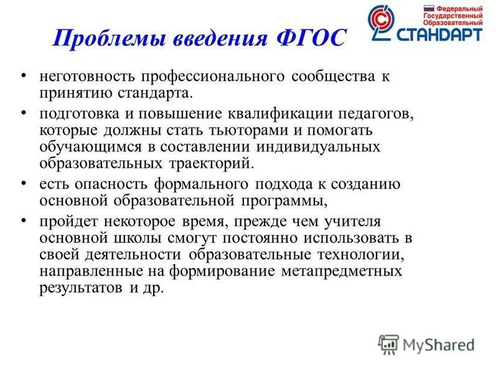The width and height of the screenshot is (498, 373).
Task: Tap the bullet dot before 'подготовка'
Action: (x=24, y=114)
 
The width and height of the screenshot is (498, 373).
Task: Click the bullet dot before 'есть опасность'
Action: (x=24, y=183)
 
